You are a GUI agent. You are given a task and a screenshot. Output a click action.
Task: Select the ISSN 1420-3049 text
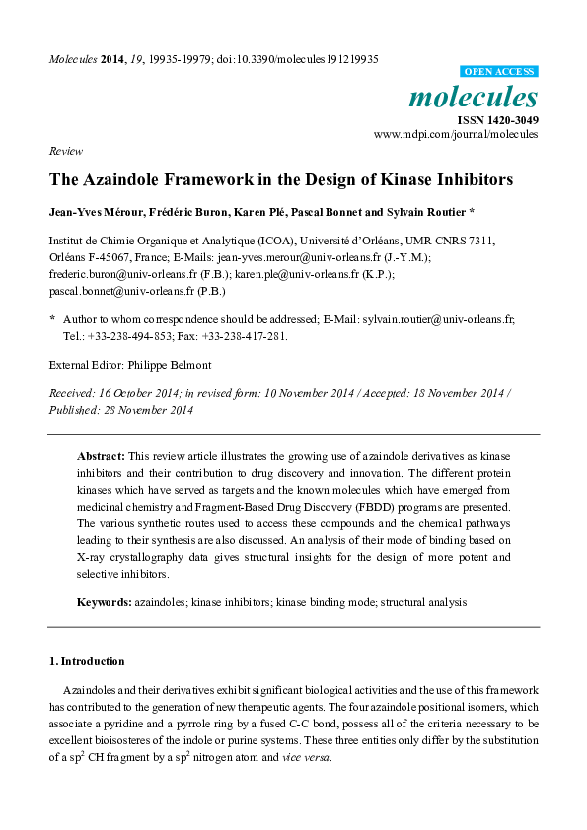point(495,120)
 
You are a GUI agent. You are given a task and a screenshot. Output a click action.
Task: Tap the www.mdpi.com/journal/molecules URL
point(456,135)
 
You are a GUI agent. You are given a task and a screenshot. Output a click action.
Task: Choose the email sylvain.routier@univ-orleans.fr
point(438,320)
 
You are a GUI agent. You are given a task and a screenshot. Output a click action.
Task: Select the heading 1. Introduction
point(87,661)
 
